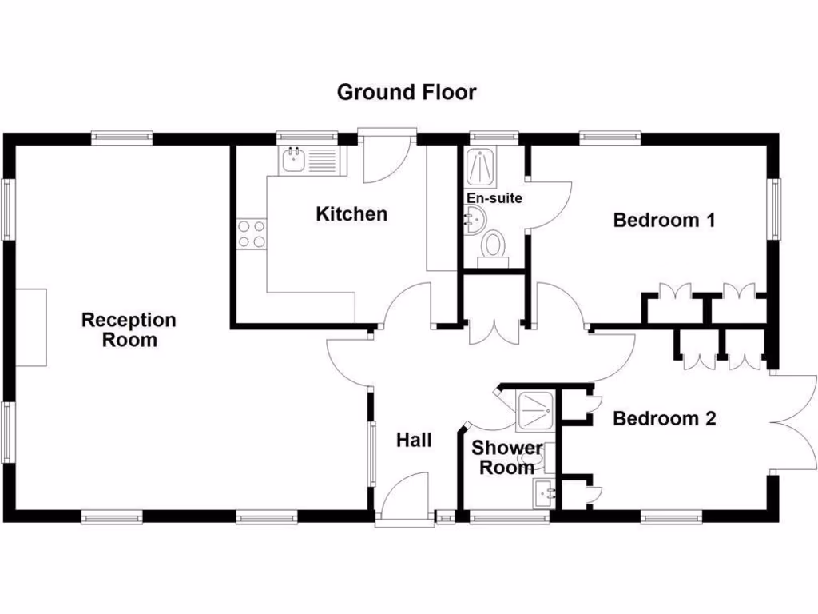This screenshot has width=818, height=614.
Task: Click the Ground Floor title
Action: coord(406,92)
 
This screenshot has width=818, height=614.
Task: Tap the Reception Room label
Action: coord(129,329)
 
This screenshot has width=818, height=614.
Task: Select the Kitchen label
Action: coord(351,214)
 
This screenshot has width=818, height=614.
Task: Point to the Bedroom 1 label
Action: coord(663,220)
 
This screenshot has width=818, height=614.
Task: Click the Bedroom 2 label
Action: coord(664,418)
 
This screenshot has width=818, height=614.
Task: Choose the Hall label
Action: coord(414,439)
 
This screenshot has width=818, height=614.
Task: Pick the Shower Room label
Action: coord(506,458)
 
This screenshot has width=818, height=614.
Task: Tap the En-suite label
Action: coord(494,197)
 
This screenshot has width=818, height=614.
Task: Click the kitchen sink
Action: coord(294,160)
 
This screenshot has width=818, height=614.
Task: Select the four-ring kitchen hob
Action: coord(251,233)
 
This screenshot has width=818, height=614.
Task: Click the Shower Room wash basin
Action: coord(546,493)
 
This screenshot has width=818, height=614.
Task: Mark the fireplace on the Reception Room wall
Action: coord(31,328)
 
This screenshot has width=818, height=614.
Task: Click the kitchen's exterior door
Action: coord(387,156)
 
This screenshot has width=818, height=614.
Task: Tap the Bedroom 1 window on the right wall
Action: coord(775,208)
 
